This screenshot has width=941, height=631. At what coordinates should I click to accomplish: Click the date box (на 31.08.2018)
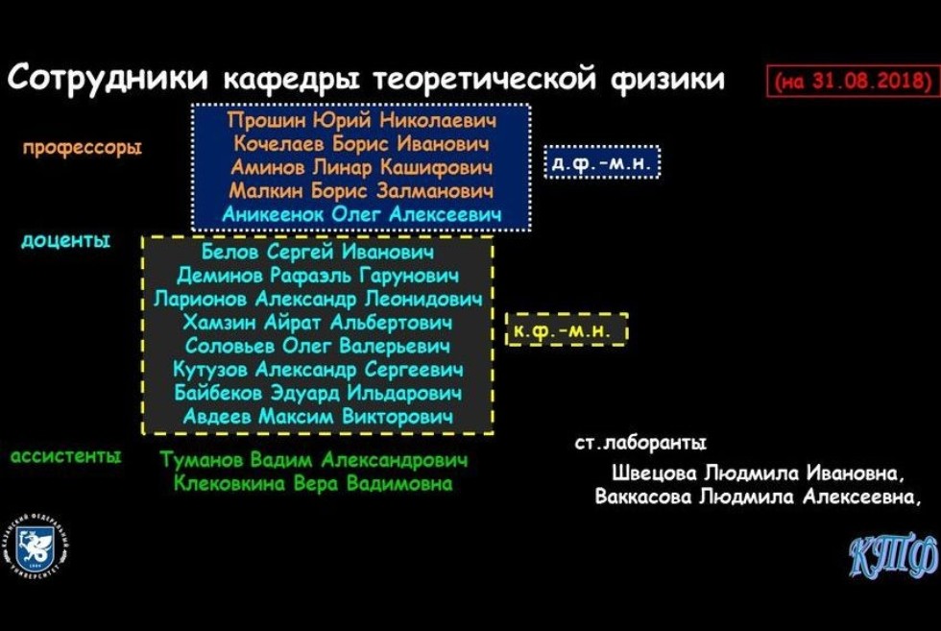click(853, 82)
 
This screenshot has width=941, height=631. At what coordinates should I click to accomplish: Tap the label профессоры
click(83, 148)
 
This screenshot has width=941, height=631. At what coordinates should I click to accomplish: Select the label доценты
click(65, 240)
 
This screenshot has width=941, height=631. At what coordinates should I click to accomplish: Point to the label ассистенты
click(66, 456)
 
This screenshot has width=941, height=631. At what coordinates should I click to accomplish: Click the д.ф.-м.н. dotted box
click(602, 163)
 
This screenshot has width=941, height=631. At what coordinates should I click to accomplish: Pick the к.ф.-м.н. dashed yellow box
click(567, 329)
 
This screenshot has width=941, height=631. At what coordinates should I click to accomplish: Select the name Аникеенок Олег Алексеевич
click(361, 215)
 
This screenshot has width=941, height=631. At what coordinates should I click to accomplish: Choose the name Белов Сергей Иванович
click(318, 253)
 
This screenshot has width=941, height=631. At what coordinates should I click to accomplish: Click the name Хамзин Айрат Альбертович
click(318, 323)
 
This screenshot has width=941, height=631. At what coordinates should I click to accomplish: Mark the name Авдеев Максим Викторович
click(318, 417)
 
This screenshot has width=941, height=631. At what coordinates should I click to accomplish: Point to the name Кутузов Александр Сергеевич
click(318, 370)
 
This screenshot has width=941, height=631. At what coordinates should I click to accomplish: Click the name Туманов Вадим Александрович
click(314, 460)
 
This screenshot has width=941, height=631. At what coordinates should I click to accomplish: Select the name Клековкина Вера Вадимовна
click(314, 484)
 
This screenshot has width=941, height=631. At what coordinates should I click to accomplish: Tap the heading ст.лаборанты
click(639, 443)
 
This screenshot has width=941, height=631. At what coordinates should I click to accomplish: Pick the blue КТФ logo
click(892, 554)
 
